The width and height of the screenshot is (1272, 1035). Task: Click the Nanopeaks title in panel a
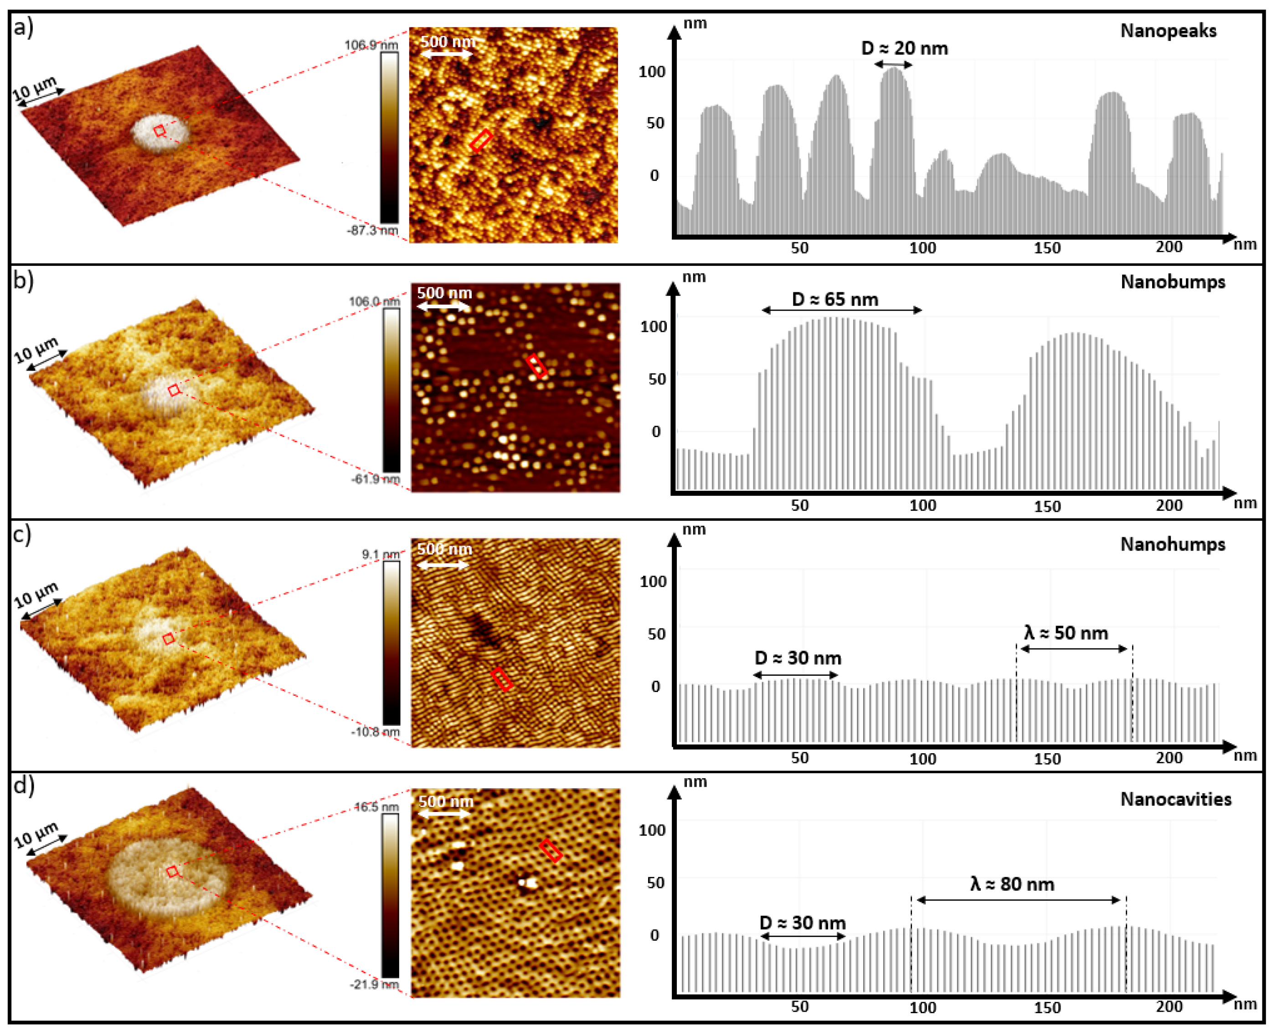click(1168, 31)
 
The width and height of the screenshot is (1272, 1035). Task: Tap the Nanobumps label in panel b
click(1172, 281)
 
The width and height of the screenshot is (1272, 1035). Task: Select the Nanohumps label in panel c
click(1172, 544)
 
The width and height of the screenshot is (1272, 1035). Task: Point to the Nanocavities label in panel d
click(1175, 799)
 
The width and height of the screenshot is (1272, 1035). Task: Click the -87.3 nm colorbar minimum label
click(372, 230)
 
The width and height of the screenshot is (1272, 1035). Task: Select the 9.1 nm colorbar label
click(380, 555)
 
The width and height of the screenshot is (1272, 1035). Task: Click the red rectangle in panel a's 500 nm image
click(480, 141)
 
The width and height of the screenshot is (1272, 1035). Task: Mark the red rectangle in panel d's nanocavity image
click(551, 851)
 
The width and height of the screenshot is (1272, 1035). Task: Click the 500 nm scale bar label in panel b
click(444, 293)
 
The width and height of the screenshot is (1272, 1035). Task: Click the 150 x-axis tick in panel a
click(1046, 248)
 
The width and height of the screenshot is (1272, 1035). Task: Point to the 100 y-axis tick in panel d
click(652, 830)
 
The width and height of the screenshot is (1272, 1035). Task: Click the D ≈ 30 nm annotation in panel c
click(798, 658)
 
